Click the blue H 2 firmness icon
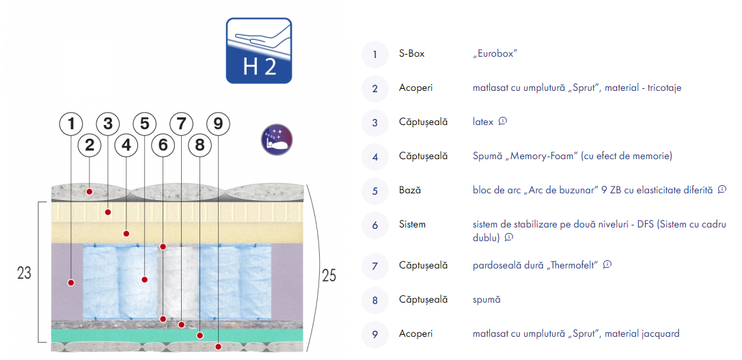tap(259, 51)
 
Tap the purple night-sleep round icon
tap(277, 139)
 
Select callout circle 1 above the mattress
tap(71, 124)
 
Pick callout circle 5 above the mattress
tap(144, 124)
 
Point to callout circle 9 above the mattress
tap(218, 124)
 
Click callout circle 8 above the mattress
tap(200, 146)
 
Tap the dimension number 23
tap(24, 273)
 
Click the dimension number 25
tap(329, 275)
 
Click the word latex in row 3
tap(483, 122)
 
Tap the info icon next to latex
tap(503, 121)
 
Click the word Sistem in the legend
tap(412, 224)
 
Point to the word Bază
tap(410, 190)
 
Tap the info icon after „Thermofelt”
tap(607, 264)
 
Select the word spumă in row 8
tap(486, 300)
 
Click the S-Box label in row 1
tap(412, 54)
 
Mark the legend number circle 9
tap(375, 335)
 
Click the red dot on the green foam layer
tap(200, 335)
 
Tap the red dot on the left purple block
tap(71, 282)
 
